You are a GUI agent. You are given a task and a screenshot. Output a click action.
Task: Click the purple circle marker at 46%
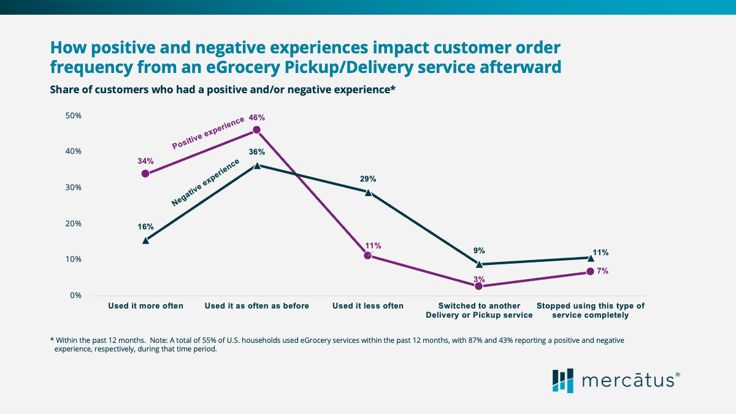[x=256, y=130]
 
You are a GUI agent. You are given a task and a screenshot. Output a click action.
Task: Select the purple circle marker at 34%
[x=145, y=174]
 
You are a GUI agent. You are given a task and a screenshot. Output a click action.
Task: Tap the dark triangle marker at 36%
[x=257, y=165]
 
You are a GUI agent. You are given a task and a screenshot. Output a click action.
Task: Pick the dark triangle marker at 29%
[x=368, y=192]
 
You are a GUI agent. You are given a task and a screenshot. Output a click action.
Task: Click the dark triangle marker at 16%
[x=145, y=240]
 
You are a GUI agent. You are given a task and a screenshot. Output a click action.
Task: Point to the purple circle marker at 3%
[x=479, y=286]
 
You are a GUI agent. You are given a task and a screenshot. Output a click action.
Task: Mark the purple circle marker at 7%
[x=590, y=271]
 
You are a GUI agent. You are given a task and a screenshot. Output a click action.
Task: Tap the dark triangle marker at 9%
[x=479, y=264]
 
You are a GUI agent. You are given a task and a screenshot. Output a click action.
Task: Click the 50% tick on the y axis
[x=73, y=115]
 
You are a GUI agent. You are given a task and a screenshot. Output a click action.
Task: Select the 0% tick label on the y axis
[x=75, y=295]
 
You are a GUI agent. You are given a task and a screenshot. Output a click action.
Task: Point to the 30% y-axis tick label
[x=73, y=187]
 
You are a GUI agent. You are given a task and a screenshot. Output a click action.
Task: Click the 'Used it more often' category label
[x=145, y=305]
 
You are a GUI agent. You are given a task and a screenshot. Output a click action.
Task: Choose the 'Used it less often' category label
[x=368, y=305]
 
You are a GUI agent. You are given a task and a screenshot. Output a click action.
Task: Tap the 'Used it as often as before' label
[x=257, y=305]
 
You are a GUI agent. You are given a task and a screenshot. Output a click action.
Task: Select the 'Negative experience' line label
[x=205, y=183]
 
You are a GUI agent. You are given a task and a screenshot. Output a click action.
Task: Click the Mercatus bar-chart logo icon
[x=562, y=380]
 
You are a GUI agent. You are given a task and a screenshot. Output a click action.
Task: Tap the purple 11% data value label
[x=373, y=245]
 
